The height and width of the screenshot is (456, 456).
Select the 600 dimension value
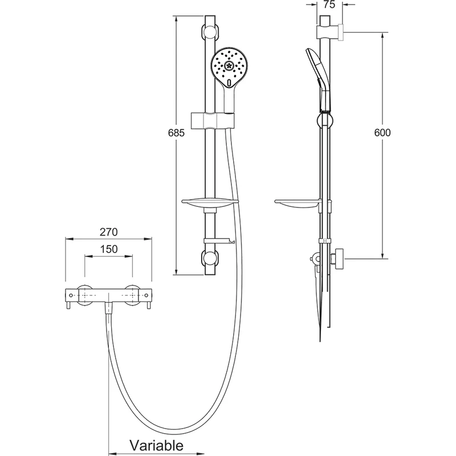[x=382, y=133]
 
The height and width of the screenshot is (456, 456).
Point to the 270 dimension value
[x=108, y=232]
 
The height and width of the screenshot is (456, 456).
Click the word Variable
[x=156, y=445]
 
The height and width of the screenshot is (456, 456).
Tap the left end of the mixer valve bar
[x=70, y=296]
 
